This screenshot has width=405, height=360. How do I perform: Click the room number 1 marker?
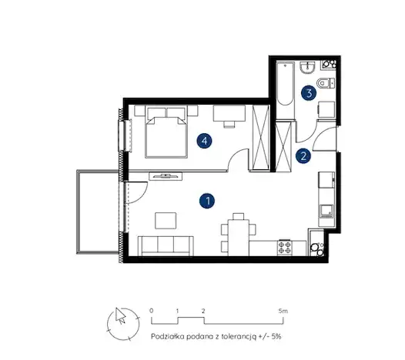coord(207,201)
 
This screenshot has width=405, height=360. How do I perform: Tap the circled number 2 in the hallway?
coord(303,156)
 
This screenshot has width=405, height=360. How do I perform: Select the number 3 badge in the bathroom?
coord(309,93)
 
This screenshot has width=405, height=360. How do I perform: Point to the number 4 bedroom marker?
coord(204,141)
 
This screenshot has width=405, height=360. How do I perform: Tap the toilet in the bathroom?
coord(326,83)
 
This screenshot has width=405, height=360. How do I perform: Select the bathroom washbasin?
coord(307,68)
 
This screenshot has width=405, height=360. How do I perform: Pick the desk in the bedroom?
coord(229,113)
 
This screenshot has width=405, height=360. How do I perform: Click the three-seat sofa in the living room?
coord(166,245)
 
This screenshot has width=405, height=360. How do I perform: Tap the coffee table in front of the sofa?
coord(166,221)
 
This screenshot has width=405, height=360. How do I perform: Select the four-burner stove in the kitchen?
coord(285,248)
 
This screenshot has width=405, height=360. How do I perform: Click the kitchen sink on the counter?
coord(326,211)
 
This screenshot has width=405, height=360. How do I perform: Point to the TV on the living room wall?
coord(166,176)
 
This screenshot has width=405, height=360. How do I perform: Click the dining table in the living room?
coord(239,238)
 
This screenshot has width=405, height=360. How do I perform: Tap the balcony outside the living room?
coord(98,212)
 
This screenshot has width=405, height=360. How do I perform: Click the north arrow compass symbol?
coord(123,324)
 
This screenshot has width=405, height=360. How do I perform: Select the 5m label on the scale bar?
coord(283,311)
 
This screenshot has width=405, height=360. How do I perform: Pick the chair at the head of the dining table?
coord(238,216)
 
